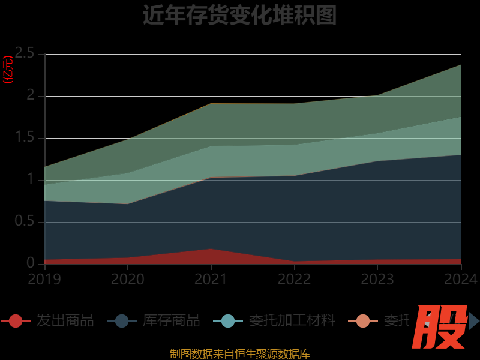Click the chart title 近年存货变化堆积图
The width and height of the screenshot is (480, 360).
click(239, 15)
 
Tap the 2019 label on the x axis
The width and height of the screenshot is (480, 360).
click(44, 279)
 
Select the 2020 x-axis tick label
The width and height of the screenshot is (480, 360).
click(127, 279)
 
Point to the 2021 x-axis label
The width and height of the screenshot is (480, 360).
click(211, 279)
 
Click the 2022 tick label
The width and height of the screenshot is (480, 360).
click(294, 279)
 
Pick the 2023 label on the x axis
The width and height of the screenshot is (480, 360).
click(377, 279)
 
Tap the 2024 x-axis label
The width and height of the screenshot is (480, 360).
click(460, 279)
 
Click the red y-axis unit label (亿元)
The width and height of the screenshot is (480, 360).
click(8, 70)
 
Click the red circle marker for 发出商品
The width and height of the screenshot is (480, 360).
click(16, 321)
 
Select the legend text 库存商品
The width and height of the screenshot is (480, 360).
click(172, 321)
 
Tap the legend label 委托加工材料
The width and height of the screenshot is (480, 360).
click(292, 321)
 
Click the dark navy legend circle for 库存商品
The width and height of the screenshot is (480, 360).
click(122, 321)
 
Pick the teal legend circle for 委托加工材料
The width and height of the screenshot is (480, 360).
click(228, 321)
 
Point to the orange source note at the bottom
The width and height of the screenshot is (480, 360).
click(240, 354)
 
